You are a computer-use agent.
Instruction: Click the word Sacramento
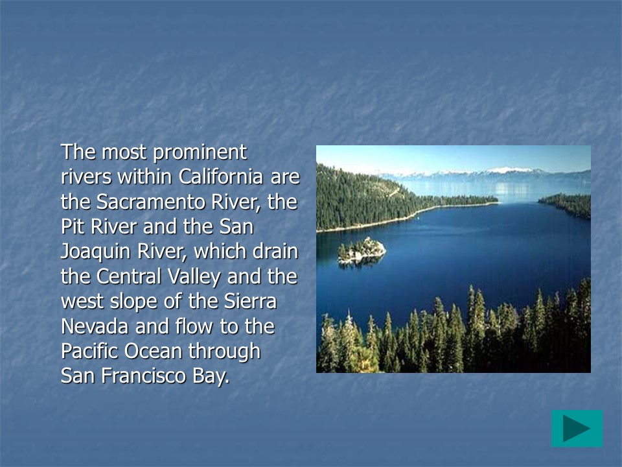151,202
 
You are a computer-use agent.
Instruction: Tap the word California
220,176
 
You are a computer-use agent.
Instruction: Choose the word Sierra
250,301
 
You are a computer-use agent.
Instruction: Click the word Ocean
153,351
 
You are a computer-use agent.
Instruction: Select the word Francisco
144,376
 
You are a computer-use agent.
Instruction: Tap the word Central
128,276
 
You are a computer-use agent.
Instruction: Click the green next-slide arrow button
577,429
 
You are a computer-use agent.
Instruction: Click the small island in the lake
362,250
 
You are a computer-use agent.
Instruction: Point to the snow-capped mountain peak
508,171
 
